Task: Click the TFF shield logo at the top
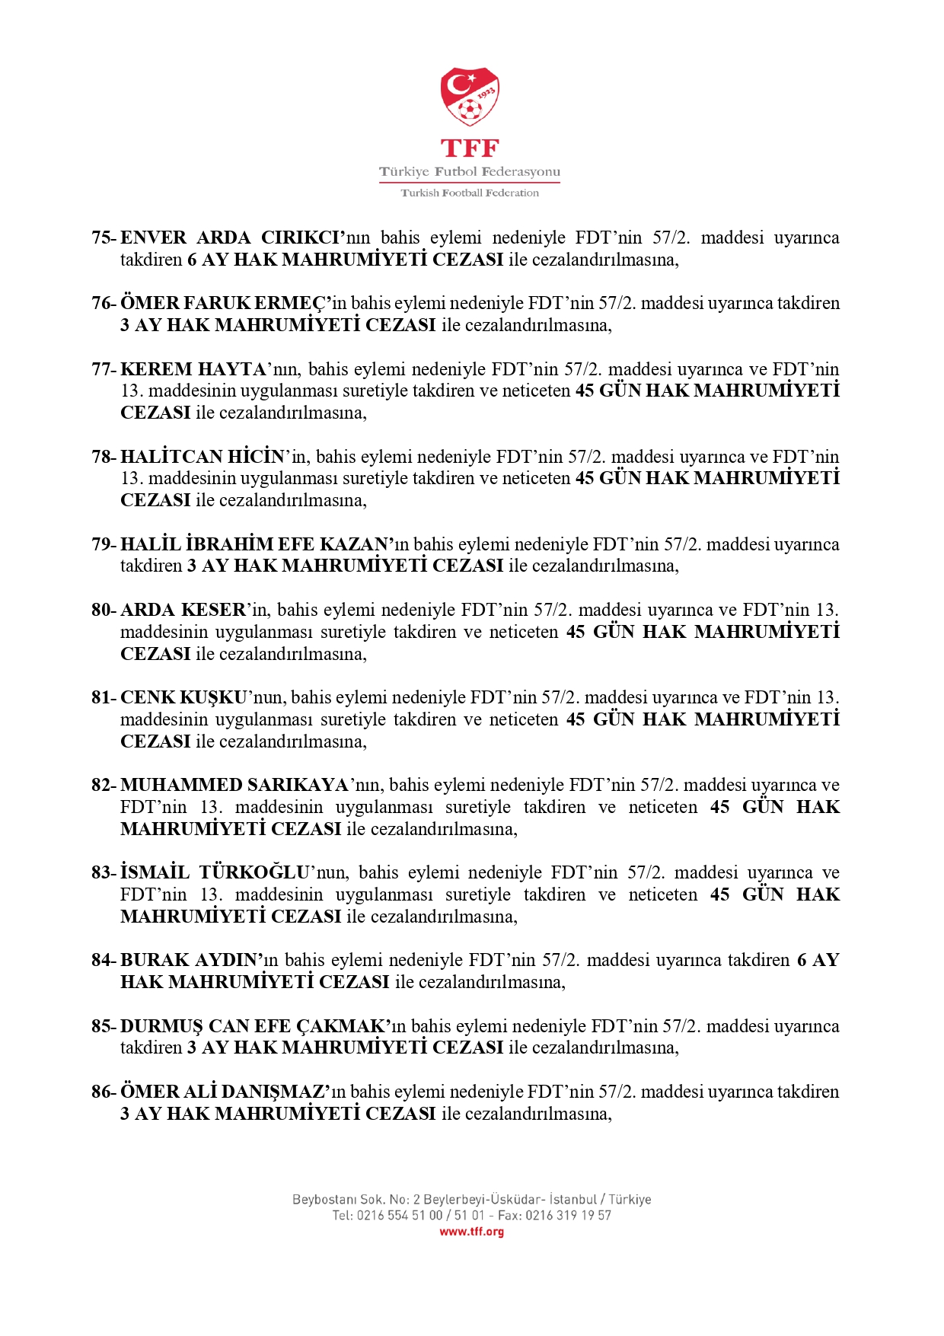click(x=470, y=97)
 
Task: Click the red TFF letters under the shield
click(x=470, y=148)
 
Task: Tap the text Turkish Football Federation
click(x=470, y=193)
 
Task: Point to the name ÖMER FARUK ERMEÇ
click(x=225, y=303)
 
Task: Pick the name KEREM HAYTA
click(x=193, y=369)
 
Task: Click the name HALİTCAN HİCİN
click(x=203, y=457)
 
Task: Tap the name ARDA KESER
click(x=183, y=610)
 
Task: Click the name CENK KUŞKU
click(x=183, y=697)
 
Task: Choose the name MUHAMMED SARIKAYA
click(x=234, y=785)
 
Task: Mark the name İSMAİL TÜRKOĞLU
click(x=215, y=872)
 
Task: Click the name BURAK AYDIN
click(x=190, y=960)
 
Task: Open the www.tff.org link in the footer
click(x=471, y=1232)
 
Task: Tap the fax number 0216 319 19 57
click(x=568, y=1216)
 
